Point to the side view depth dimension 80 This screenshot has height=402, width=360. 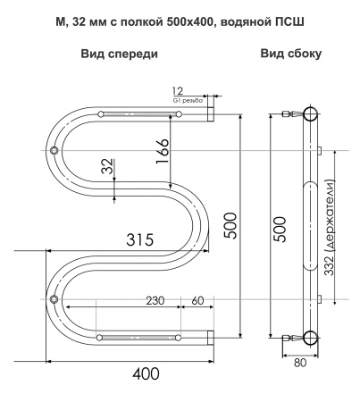coord(300,362)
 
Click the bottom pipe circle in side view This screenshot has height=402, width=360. coord(309,337)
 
